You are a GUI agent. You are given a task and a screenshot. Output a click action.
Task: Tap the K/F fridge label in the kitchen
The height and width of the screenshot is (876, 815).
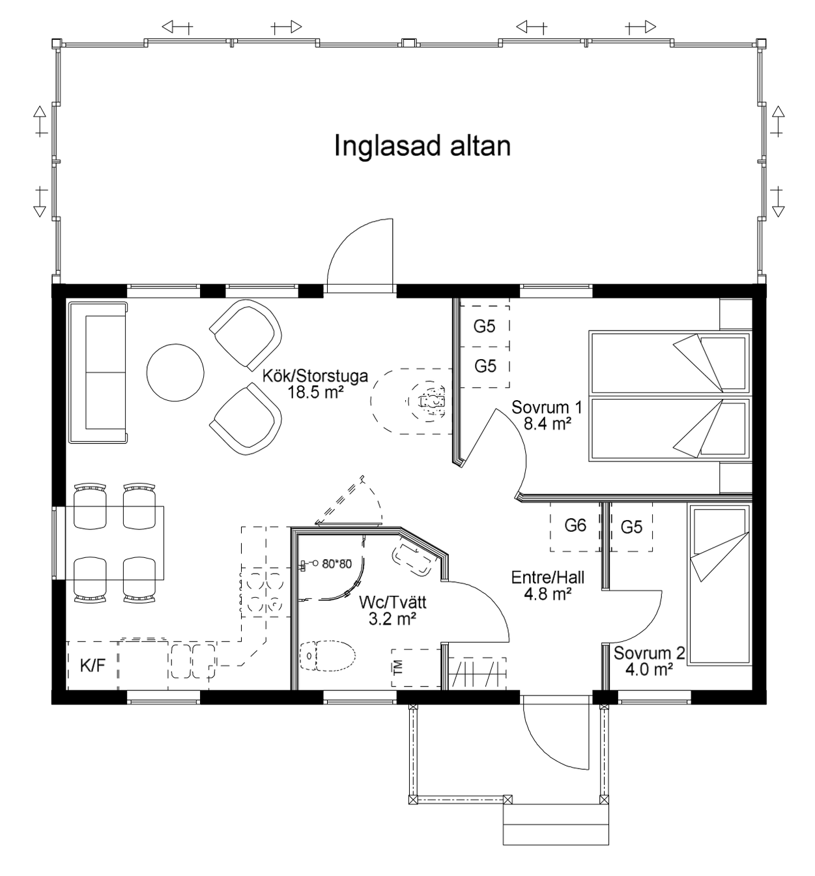pyautogui.click(x=93, y=665)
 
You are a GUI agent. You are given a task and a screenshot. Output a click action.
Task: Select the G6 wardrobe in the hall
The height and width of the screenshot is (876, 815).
pyautogui.click(x=575, y=526)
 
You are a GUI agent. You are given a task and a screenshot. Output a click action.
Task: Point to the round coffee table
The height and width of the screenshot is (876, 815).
pyautogui.click(x=175, y=373)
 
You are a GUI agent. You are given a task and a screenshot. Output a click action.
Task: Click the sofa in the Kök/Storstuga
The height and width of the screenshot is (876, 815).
pyautogui.click(x=98, y=372)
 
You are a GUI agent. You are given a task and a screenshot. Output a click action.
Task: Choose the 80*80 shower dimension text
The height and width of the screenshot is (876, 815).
pyautogui.click(x=337, y=564)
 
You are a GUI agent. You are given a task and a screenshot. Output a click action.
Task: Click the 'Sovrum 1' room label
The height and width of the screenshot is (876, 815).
pyautogui.click(x=547, y=407)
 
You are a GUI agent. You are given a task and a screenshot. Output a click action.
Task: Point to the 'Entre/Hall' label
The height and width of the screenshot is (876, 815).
pyautogui.click(x=548, y=577)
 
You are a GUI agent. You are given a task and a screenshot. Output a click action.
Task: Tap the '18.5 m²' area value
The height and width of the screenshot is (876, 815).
pyautogui.click(x=316, y=392)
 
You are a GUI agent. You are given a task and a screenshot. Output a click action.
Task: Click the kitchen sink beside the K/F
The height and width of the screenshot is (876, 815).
pyautogui.click(x=193, y=661)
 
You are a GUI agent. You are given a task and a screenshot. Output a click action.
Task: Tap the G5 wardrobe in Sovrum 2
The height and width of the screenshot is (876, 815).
pyautogui.click(x=631, y=527)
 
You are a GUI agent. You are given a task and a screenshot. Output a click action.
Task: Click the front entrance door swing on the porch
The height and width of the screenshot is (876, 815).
pyautogui.click(x=556, y=732)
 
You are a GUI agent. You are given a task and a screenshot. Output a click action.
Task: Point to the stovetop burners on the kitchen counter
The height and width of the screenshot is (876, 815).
pyautogui.click(x=265, y=594)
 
